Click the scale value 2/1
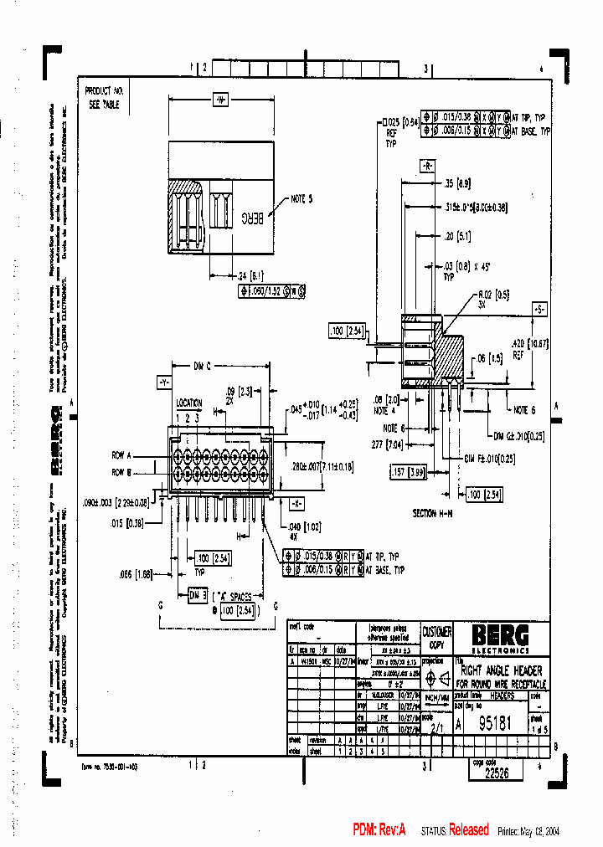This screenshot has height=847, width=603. pos(435,729)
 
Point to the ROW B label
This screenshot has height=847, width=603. pos(122,471)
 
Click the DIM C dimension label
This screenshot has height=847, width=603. pos(202,366)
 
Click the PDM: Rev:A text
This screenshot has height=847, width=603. pos(379,829)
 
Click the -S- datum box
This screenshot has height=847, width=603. pos(541,309)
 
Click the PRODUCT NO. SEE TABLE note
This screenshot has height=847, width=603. pos(105,97)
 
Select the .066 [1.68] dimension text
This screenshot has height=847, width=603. pos(134,574)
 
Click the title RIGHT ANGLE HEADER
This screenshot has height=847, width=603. pos(502,670)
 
